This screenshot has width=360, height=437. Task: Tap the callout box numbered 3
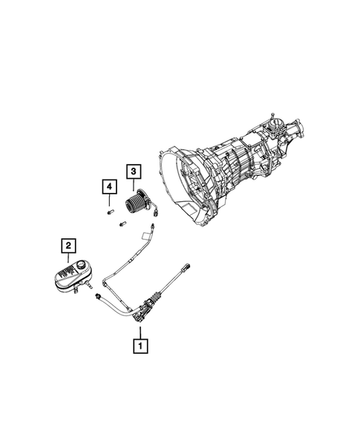click(132, 172)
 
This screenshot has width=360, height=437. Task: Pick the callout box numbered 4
click(108, 185)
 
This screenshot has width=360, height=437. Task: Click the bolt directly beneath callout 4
click(108, 211)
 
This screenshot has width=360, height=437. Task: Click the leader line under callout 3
click(132, 185)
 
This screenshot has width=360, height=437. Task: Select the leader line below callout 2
click(68, 255)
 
